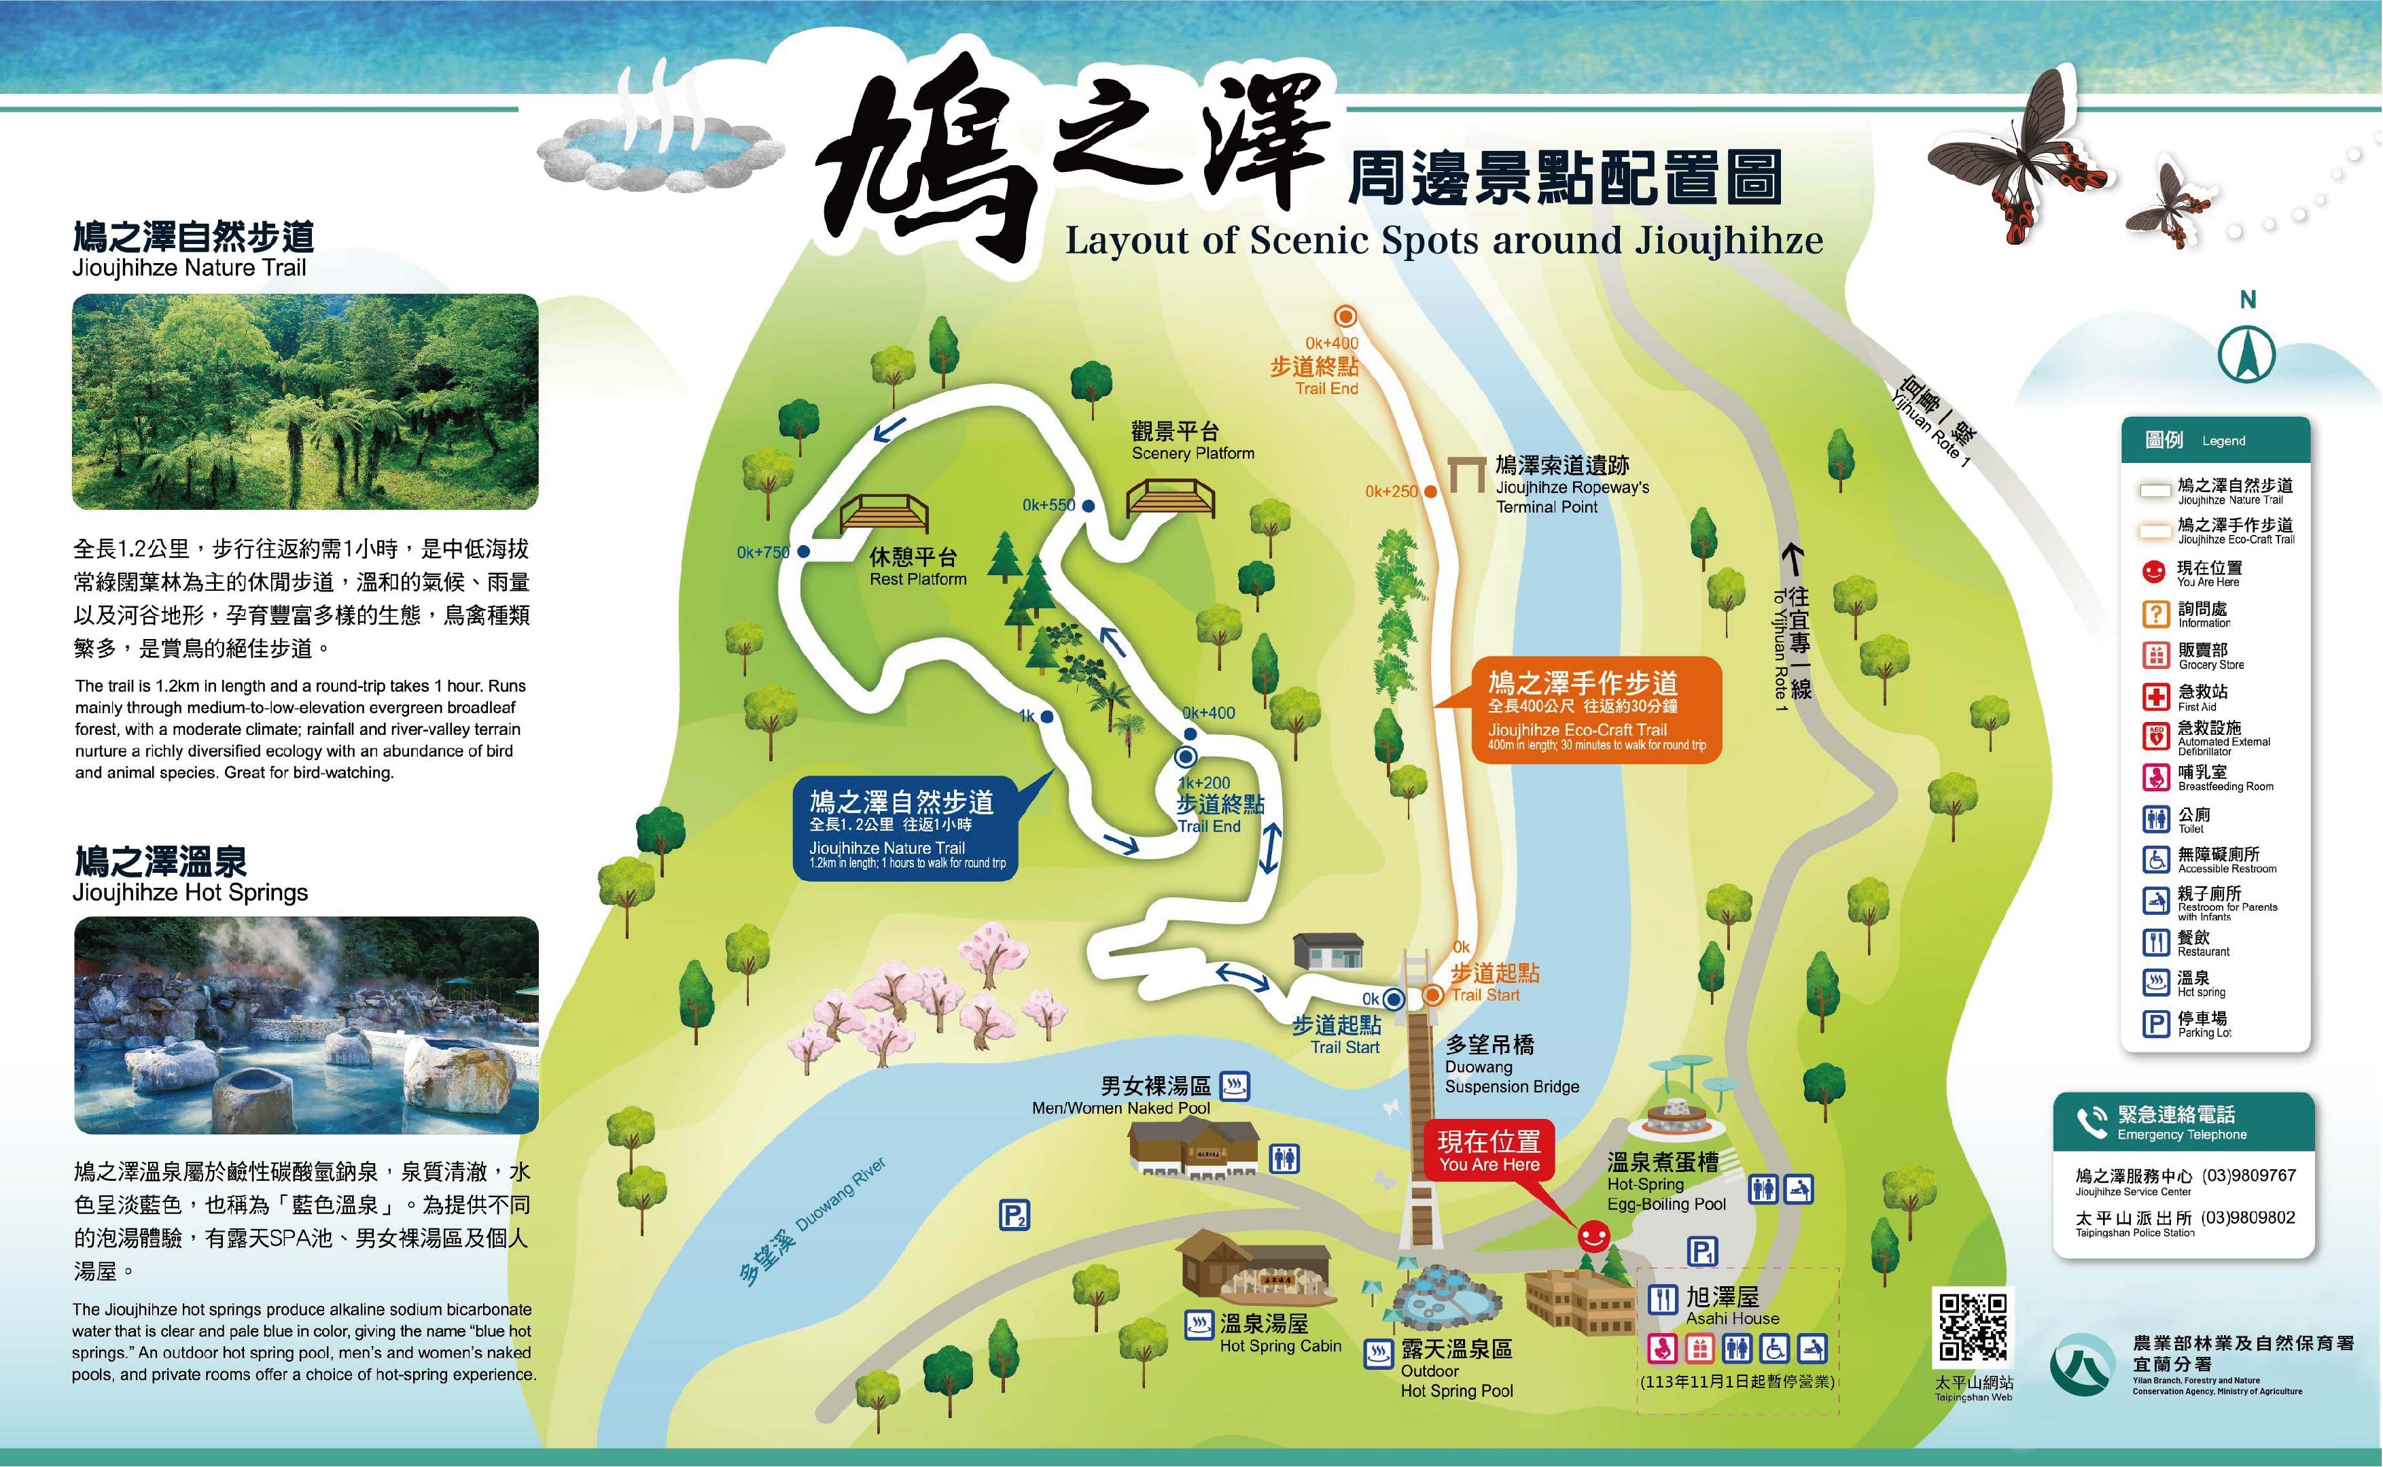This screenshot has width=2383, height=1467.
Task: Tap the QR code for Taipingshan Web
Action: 1972,1327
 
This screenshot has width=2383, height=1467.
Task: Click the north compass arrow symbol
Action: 2246,354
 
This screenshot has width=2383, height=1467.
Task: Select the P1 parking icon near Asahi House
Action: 1702,1252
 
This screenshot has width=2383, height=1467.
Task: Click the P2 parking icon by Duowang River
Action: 1014,1215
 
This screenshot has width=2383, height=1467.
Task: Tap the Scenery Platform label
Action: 1191,441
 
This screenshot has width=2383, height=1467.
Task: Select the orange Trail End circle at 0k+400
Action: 1345,316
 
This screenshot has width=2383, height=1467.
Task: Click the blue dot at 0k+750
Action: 803,551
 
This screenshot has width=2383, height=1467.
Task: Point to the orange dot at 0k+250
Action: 1430,492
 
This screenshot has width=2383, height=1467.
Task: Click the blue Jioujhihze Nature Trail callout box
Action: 906,827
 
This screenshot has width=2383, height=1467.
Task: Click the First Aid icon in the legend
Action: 2155,697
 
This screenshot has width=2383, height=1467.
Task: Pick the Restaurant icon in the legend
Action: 2155,942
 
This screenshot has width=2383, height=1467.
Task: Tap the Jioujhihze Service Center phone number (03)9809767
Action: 2248,1175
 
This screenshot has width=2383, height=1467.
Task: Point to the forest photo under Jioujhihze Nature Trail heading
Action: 306,402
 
